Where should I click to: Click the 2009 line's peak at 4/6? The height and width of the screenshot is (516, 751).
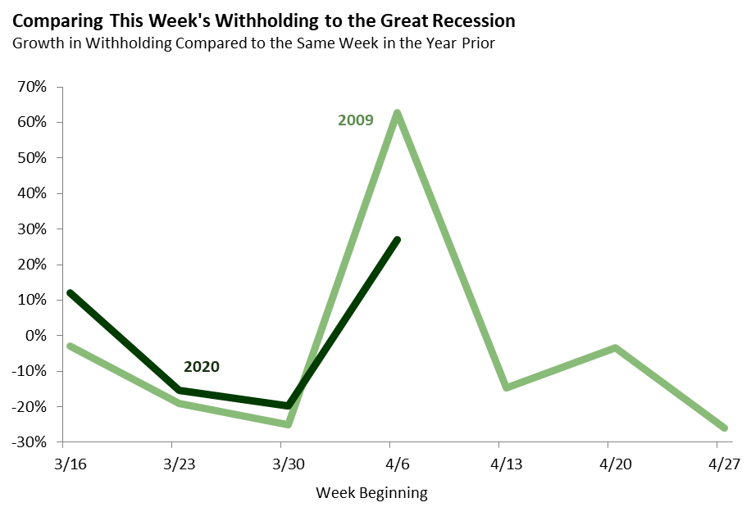398,113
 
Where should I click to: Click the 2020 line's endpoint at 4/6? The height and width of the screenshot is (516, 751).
398,240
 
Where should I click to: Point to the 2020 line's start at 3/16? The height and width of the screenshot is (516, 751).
71,293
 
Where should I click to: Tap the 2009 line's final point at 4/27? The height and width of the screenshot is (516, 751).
724,428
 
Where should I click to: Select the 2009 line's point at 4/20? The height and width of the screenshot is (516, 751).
615,347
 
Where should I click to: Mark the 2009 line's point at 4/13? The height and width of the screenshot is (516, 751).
506,387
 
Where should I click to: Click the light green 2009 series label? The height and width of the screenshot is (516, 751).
356,120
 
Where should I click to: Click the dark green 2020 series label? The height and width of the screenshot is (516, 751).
202,366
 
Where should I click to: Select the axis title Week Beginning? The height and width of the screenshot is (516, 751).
371,493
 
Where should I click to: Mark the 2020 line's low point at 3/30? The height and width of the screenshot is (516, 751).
289,405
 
